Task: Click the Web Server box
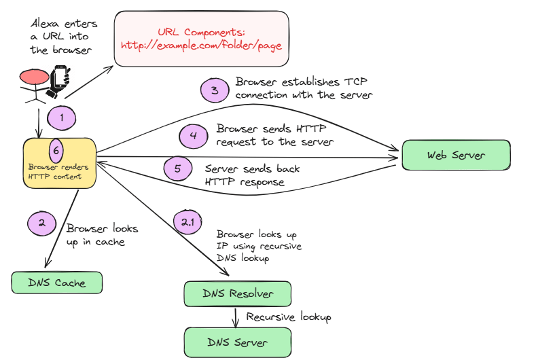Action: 456,156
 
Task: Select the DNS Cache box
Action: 57,283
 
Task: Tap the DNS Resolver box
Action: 238,294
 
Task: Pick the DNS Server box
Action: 238,342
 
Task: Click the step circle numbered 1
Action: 61,118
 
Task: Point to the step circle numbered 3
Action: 215,90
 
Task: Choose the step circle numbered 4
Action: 194,135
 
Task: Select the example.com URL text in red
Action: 201,46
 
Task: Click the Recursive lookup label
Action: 288,317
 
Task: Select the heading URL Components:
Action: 201,32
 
